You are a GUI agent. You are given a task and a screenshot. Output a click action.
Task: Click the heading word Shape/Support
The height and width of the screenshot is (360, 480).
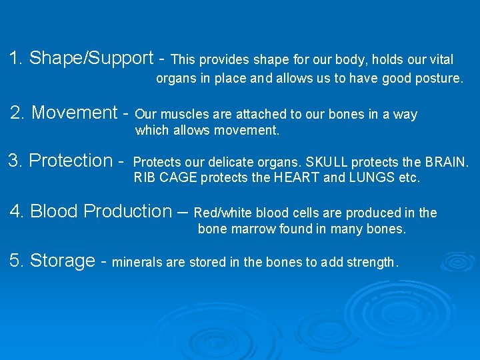click(92, 59)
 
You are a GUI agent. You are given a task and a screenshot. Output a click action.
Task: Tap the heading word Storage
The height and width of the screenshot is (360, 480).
click(62, 261)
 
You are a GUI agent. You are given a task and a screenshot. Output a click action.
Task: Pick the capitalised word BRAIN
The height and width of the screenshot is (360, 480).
click(448, 163)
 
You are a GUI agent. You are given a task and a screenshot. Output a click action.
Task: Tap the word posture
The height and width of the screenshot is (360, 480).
click(439, 79)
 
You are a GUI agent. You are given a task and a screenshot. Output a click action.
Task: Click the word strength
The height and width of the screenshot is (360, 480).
click(370, 262)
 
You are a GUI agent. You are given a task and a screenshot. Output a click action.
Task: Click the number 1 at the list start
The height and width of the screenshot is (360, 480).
click(15, 58)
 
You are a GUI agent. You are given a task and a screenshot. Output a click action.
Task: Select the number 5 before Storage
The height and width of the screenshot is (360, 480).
click(15, 260)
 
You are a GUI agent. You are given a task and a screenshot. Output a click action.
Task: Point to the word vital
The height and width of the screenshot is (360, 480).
click(440, 60)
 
